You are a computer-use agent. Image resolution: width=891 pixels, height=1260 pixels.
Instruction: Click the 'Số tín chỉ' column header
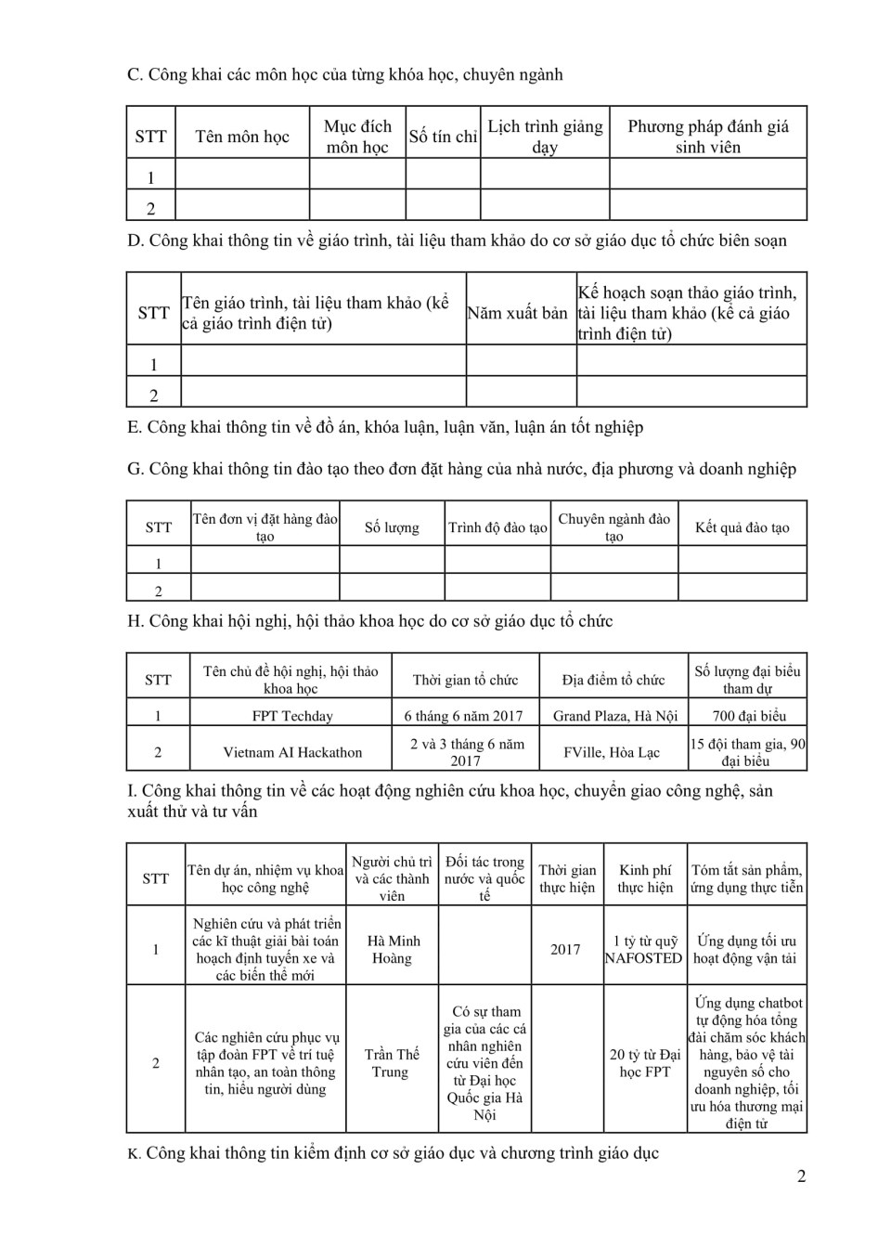443,136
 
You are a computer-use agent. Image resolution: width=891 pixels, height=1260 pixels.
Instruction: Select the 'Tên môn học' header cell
242,136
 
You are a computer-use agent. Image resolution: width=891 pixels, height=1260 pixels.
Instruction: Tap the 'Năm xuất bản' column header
517,313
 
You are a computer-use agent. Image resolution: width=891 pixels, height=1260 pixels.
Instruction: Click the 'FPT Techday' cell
292,716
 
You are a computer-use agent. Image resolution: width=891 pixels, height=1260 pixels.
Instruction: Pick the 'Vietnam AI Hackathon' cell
292,752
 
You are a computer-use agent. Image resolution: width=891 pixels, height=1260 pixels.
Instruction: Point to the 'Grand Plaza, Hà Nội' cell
615,716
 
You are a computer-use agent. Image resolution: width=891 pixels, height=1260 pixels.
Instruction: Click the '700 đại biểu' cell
748,716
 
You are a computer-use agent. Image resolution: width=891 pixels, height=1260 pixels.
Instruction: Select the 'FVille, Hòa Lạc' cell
612,752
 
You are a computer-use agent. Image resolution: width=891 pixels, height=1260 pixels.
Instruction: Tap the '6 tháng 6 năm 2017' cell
463,716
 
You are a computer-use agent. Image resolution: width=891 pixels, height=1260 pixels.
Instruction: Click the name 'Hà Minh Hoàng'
392,949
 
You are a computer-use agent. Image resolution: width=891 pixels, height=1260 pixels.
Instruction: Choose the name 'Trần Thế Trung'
392,1063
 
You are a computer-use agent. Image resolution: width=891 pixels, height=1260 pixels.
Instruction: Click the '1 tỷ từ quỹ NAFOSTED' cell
644,949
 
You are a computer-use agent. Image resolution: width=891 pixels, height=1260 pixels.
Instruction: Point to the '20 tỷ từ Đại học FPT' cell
645,1063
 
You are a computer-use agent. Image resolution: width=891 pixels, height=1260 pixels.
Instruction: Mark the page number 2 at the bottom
801,1176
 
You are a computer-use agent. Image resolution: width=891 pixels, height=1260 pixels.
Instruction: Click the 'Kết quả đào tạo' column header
742,527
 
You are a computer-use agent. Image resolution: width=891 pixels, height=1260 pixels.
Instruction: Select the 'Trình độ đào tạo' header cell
498,527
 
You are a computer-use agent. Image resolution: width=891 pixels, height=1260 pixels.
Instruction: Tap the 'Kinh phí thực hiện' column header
645,878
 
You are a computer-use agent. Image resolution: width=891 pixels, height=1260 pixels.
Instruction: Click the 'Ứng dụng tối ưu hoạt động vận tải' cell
747,949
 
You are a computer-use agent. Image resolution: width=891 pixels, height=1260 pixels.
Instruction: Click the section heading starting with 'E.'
385,427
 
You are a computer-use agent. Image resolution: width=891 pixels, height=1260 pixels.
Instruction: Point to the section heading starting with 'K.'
394,1153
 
